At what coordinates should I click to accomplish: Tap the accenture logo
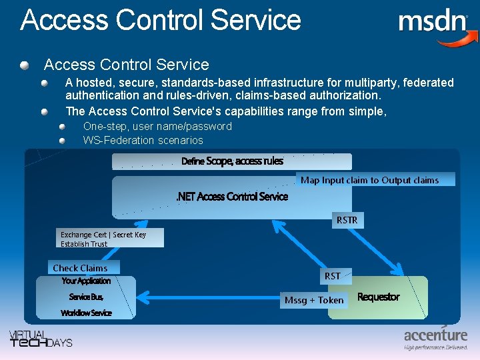coord(435,338)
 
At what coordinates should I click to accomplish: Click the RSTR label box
coord(347,220)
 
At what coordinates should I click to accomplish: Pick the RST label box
coord(333,276)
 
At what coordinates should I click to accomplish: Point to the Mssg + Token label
coord(314,300)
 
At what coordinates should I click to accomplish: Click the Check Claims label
coord(80,268)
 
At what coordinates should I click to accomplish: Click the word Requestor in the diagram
coord(378,297)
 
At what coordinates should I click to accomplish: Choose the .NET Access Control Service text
coord(231,197)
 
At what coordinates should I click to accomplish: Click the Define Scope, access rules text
coord(232,161)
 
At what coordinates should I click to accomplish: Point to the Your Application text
coord(86,281)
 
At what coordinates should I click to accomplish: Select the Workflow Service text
coord(86,313)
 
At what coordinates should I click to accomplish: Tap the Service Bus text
coord(86,297)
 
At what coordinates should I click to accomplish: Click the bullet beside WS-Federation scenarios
coord(62,141)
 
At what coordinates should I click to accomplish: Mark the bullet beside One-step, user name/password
coord(62,126)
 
